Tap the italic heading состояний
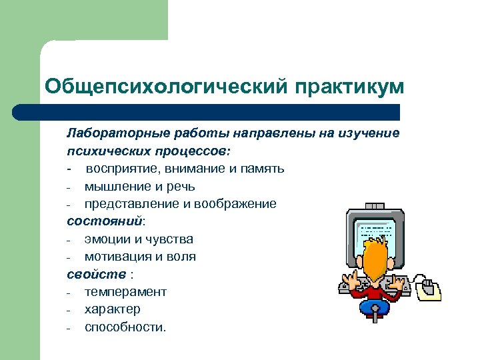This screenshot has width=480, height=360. click(105, 221)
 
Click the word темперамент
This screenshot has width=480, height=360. click(125, 291)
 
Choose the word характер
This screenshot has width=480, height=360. click(112, 309)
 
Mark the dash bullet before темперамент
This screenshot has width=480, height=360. click(69, 292)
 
